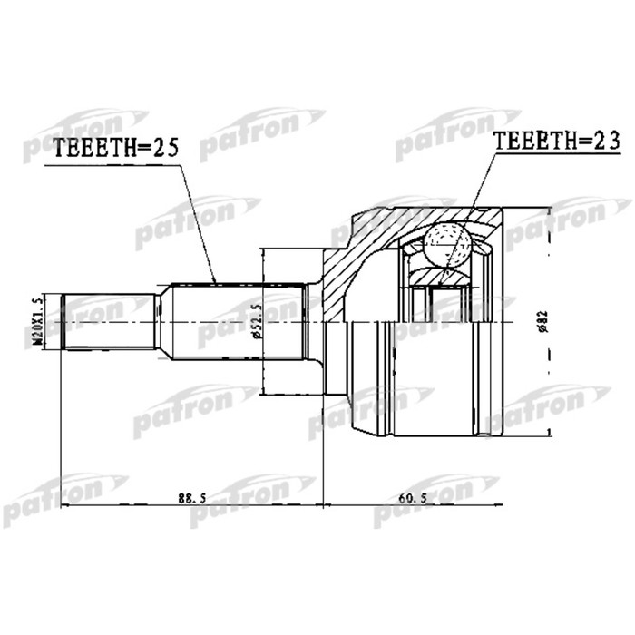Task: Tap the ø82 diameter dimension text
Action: click(x=542, y=322)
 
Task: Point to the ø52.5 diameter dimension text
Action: click(x=258, y=322)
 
